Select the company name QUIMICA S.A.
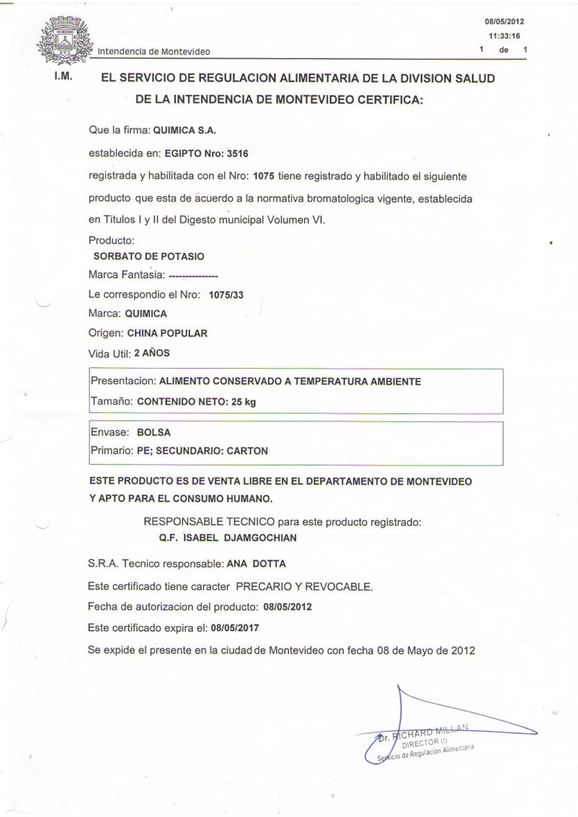184,130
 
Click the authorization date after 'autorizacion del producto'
287,606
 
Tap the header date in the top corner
504,22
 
